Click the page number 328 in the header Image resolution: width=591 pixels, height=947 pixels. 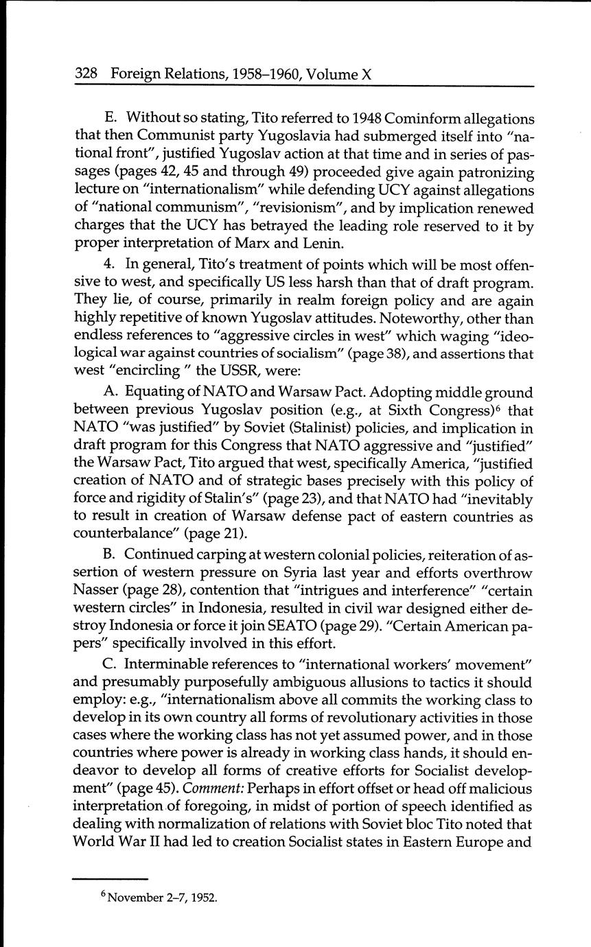pyautogui.click(x=87, y=73)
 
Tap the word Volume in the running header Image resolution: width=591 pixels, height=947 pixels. pyautogui.click(x=329, y=73)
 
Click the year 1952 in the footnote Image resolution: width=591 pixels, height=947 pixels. pyautogui.click(x=204, y=897)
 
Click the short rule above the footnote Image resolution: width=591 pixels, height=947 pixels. pyautogui.click(x=111, y=878)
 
